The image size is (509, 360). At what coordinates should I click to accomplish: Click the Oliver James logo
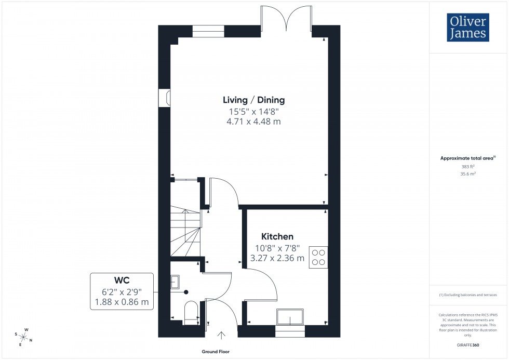(x=467, y=28)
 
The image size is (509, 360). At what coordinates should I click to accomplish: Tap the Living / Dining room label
(x=253, y=100)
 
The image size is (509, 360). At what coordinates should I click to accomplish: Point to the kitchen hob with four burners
(x=318, y=257)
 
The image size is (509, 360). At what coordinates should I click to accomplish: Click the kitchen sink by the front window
(x=290, y=316)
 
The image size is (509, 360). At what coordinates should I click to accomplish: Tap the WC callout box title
(x=122, y=281)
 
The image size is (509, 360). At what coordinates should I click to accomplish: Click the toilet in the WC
(x=191, y=312)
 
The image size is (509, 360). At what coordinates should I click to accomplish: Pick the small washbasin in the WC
(x=175, y=282)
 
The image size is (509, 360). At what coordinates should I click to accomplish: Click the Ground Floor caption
(x=216, y=352)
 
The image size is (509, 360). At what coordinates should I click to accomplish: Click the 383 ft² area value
(x=468, y=167)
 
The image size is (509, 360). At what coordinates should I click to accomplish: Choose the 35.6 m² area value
(x=468, y=175)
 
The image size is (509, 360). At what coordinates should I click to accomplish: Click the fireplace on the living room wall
(x=166, y=98)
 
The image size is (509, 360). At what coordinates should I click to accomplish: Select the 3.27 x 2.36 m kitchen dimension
(x=277, y=258)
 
